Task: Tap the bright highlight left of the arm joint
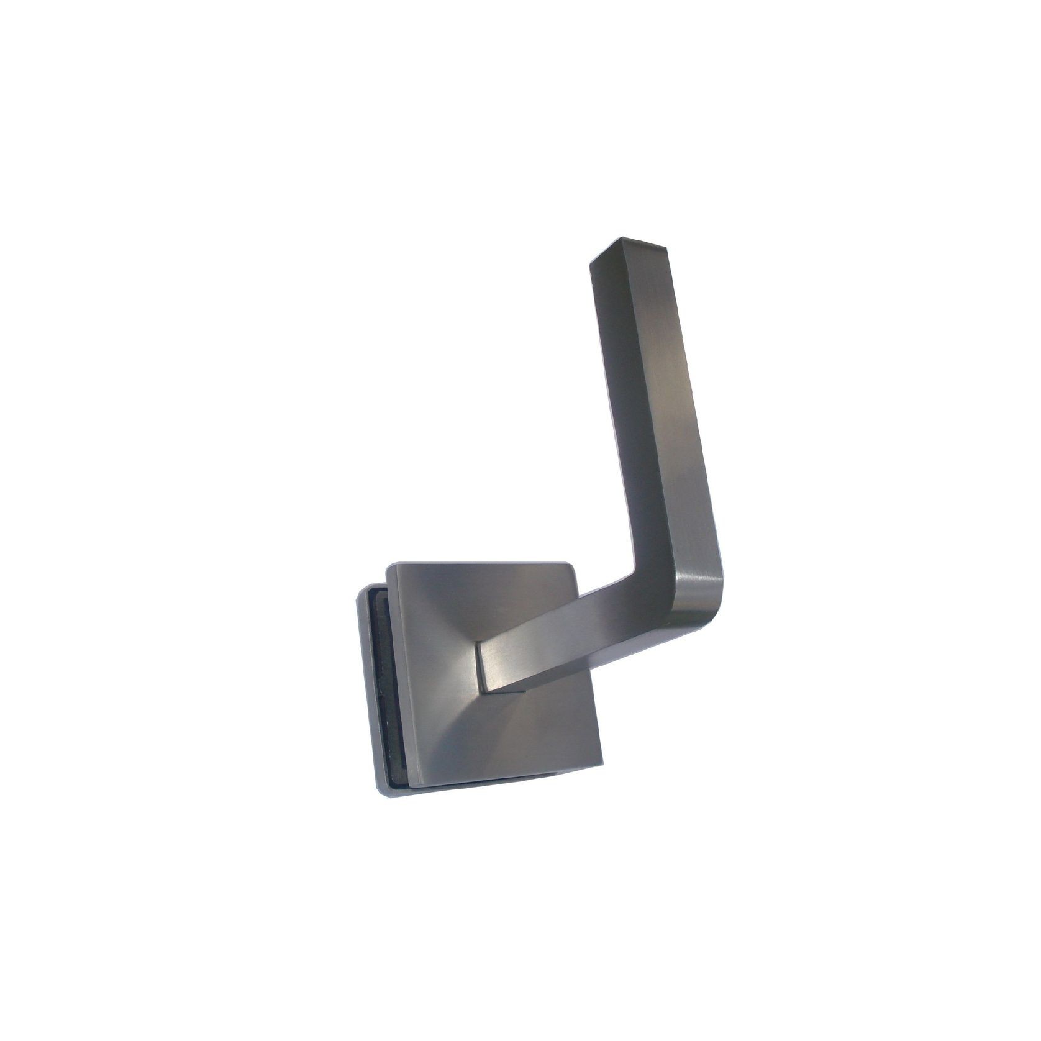coord(460,658)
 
